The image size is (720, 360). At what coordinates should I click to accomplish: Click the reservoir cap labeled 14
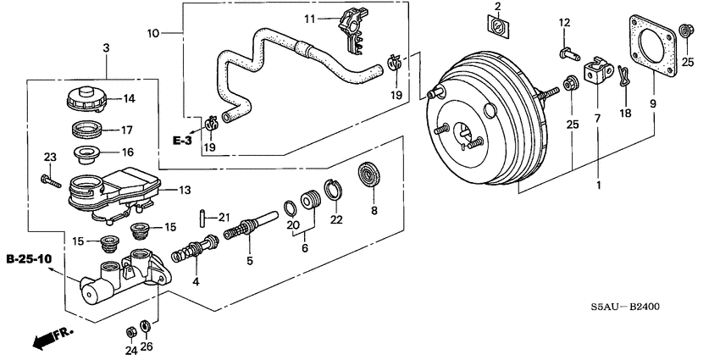coord(85,98)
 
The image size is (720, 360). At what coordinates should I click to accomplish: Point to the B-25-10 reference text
coord(27,258)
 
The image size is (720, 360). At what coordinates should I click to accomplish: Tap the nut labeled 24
coord(132,330)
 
